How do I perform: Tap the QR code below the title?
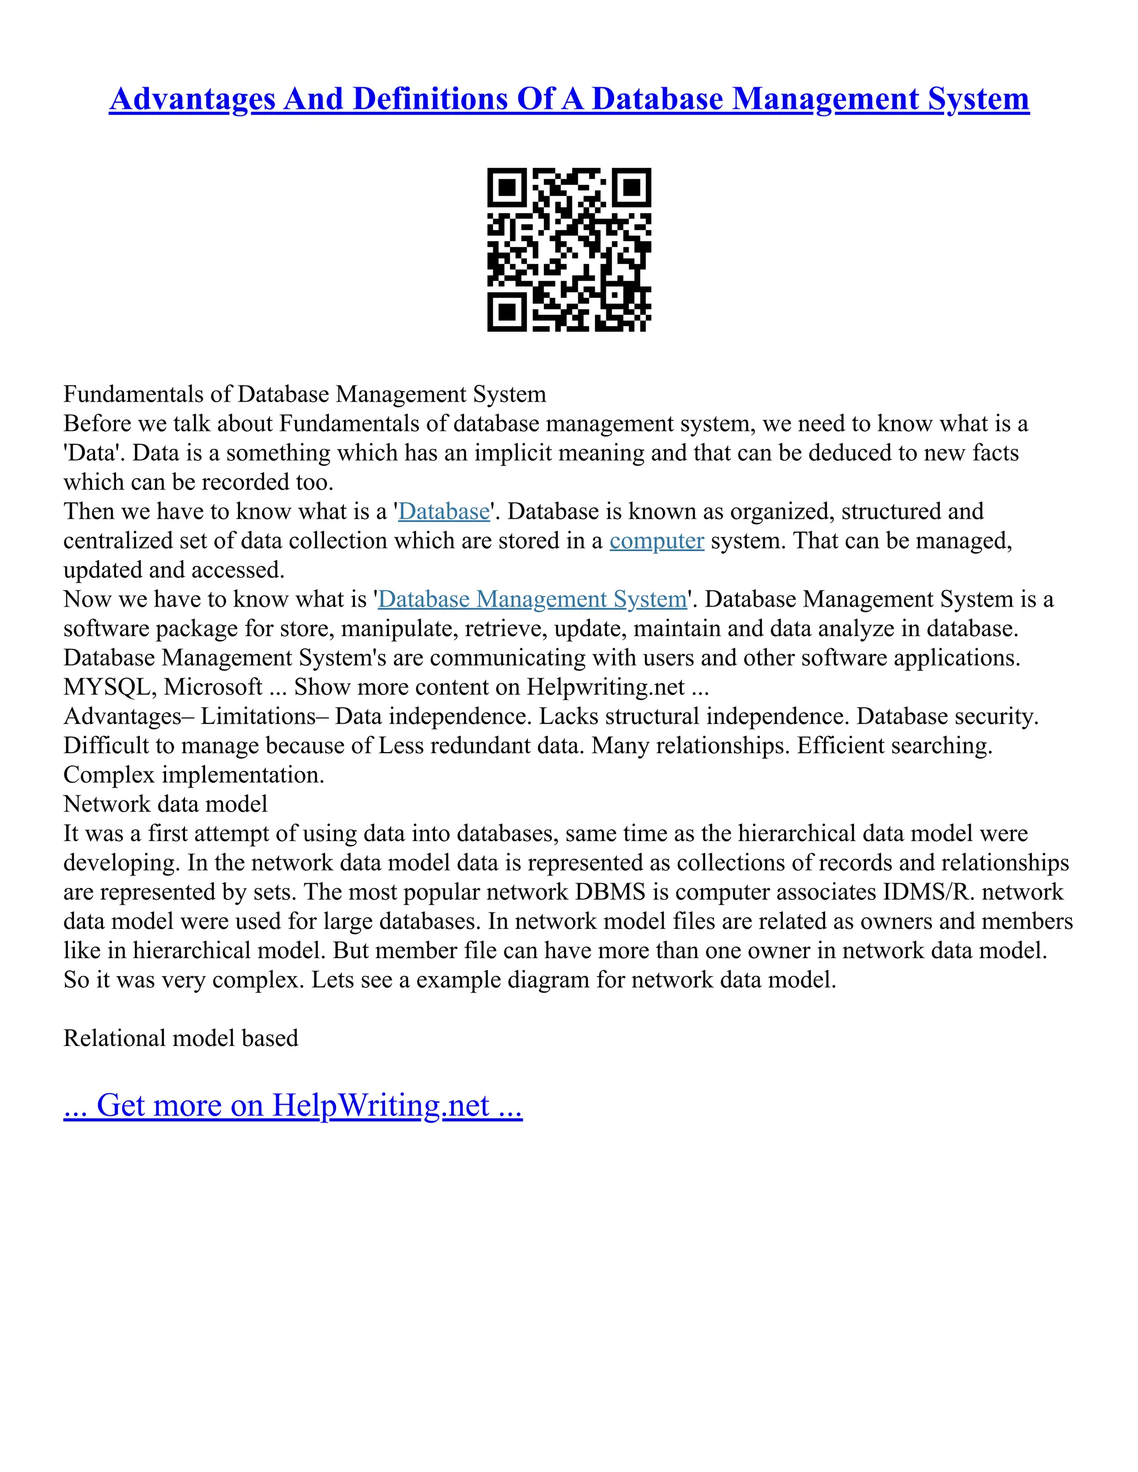[569, 249]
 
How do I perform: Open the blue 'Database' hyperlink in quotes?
[443, 512]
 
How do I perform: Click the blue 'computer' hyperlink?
[657, 540]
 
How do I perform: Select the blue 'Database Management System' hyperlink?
[532, 599]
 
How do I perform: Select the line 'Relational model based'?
[181, 1038]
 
